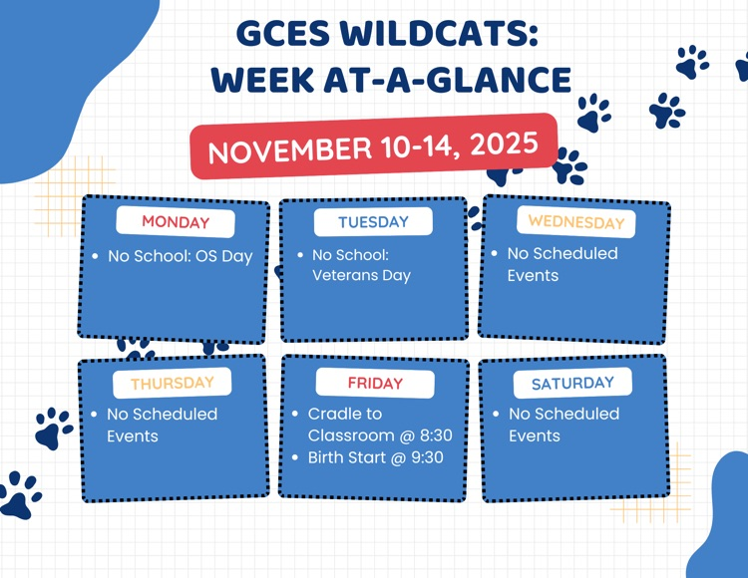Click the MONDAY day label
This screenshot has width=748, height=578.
(176, 222)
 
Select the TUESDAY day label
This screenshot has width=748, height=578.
(373, 222)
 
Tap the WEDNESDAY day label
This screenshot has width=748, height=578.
(575, 221)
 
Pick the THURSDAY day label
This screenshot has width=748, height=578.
(172, 383)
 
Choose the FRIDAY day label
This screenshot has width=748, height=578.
(375, 384)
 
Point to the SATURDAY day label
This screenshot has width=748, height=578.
(572, 384)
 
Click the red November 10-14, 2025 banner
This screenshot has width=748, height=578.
(373, 146)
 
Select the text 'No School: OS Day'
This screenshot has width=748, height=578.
(180, 256)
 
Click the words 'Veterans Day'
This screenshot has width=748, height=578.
(361, 276)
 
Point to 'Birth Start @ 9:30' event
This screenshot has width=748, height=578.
(375, 457)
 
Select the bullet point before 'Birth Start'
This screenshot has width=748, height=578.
(296, 458)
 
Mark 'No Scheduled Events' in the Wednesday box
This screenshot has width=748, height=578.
(562, 264)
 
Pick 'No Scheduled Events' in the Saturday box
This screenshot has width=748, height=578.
(563, 425)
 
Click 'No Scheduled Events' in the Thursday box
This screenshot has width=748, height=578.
(162, 425)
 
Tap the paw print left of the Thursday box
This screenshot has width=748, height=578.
(52, 428)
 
